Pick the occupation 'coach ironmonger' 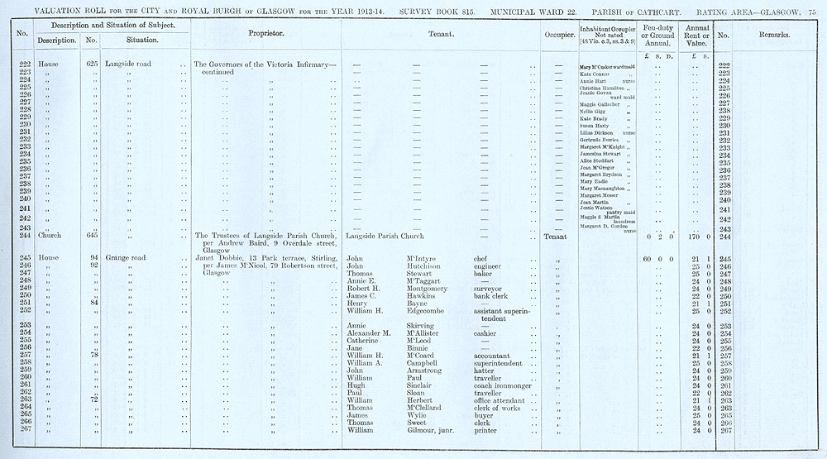click(x=503, y=385)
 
